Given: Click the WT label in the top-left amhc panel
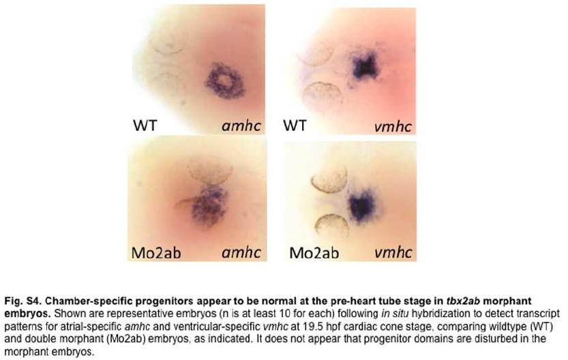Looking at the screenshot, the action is [x=145, y=125].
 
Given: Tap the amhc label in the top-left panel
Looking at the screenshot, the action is [x=241, y=125].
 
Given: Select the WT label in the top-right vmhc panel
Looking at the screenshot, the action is [x=295, y=125].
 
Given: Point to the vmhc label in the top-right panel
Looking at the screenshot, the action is [x=393, y=126].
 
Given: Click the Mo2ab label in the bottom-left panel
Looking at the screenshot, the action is [x=156, y=252].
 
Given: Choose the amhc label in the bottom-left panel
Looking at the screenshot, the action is [x=241, y=252].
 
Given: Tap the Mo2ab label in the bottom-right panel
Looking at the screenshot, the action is [x=314, y=252].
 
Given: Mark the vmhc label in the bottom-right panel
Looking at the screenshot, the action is [x=393, y=252].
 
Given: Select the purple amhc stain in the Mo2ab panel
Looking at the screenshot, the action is [x=208, y=205].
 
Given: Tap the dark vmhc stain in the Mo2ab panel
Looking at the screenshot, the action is [x=361, y=205].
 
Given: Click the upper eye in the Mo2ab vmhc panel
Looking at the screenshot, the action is [x=329, y=179].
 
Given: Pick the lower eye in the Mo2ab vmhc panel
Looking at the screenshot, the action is [x=332, y=226].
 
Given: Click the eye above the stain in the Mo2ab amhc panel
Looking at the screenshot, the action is [x=211, y=171].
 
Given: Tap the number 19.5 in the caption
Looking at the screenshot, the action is [x=314, y=327].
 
